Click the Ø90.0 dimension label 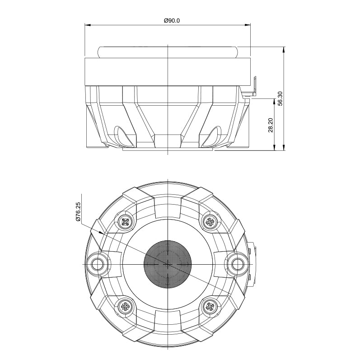[x=172, y=21]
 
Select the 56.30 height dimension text [x=281, y=98]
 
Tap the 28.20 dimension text [x=271, y=125]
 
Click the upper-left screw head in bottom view [x=126, y=222]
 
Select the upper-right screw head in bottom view [x=210, y=222]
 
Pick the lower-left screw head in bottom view [x=126, y=306]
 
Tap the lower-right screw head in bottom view [x=210, y=306]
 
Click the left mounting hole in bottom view [x=98, y=264]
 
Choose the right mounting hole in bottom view [x=238, y=264]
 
